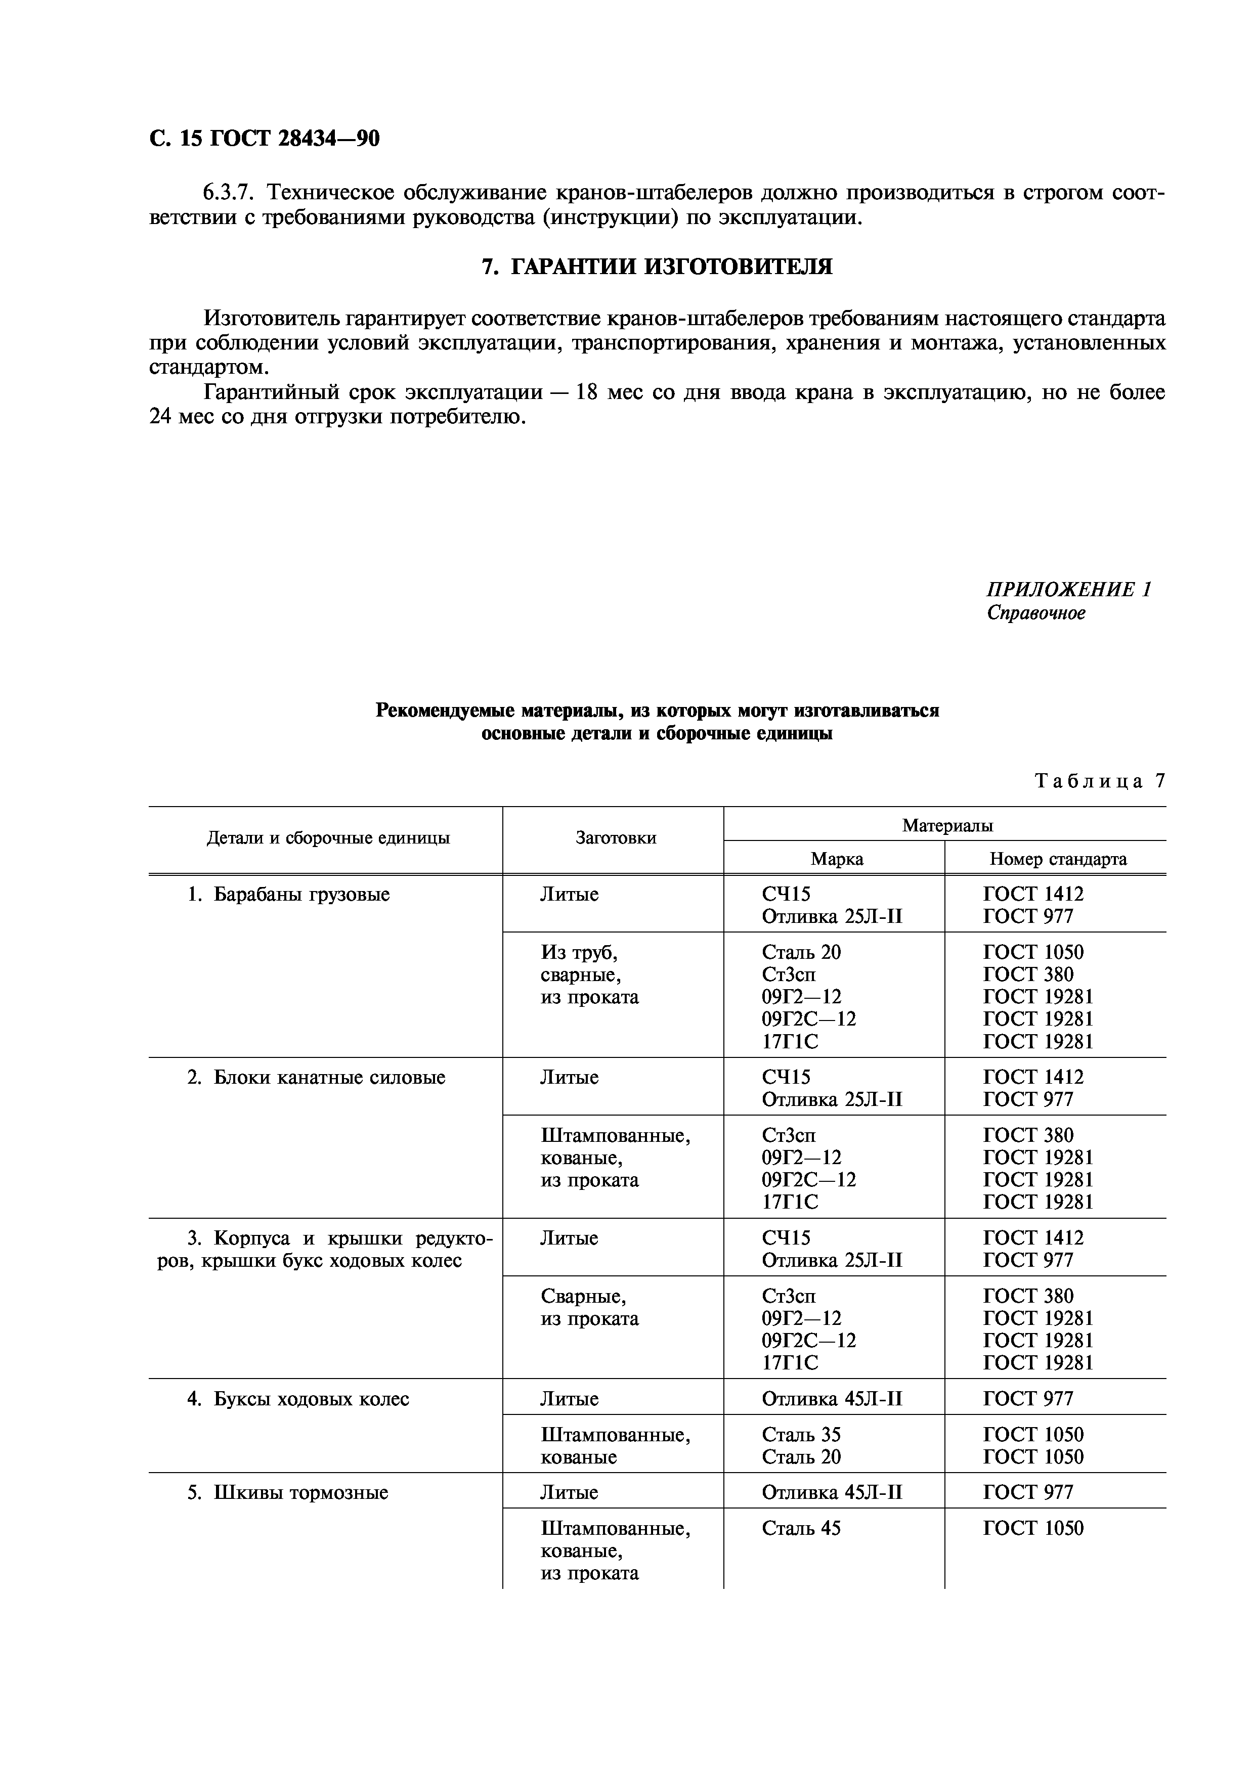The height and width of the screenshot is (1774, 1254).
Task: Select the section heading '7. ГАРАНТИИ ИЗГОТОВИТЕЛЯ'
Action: point(657,267)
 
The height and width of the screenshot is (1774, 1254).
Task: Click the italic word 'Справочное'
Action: point(1035,613)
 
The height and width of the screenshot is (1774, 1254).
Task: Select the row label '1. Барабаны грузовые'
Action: point(288,895)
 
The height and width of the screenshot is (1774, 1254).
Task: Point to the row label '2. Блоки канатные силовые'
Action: point(316,1078)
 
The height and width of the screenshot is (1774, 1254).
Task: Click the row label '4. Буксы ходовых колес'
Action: point(298,1399)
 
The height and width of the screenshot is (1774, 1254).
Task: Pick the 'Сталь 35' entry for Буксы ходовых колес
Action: point(800,1435)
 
